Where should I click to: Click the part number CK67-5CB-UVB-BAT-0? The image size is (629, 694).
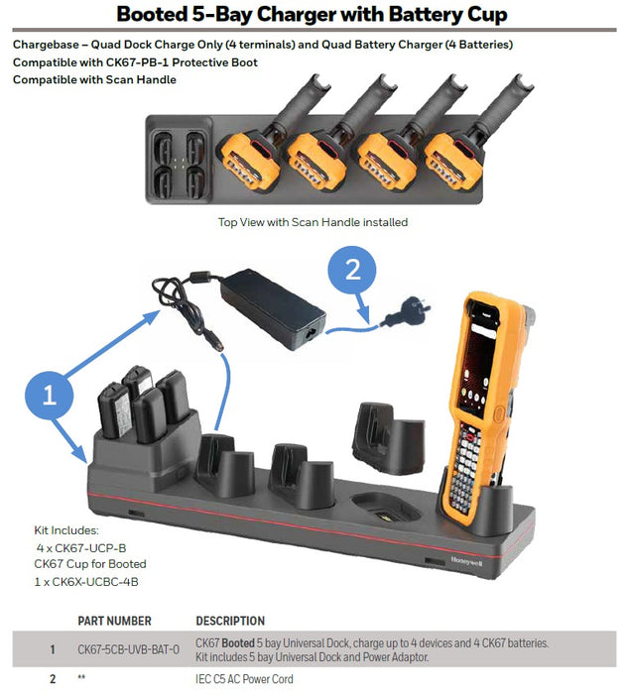click(128, 649)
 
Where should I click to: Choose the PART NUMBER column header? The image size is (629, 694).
click(114, 621)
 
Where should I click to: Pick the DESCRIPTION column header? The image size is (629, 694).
click(230, 621)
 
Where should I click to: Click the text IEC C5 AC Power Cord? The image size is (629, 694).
click(244, 679)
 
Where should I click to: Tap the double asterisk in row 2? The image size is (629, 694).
click(82, 679)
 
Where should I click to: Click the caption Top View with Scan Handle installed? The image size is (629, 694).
click(313, 222)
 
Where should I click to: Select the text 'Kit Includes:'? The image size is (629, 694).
click(67, 530)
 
